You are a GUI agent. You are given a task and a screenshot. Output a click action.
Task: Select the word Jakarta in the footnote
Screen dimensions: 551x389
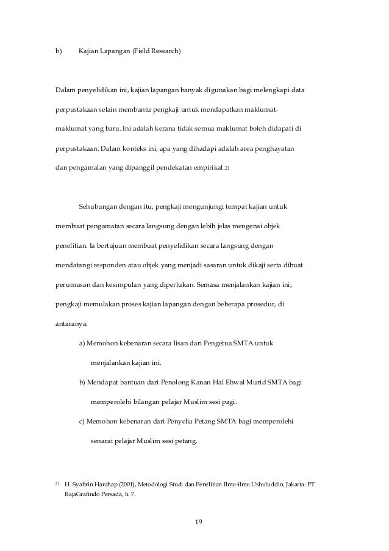tap(287, 484)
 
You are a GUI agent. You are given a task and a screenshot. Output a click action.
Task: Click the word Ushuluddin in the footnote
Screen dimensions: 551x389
tap(250, 484)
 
